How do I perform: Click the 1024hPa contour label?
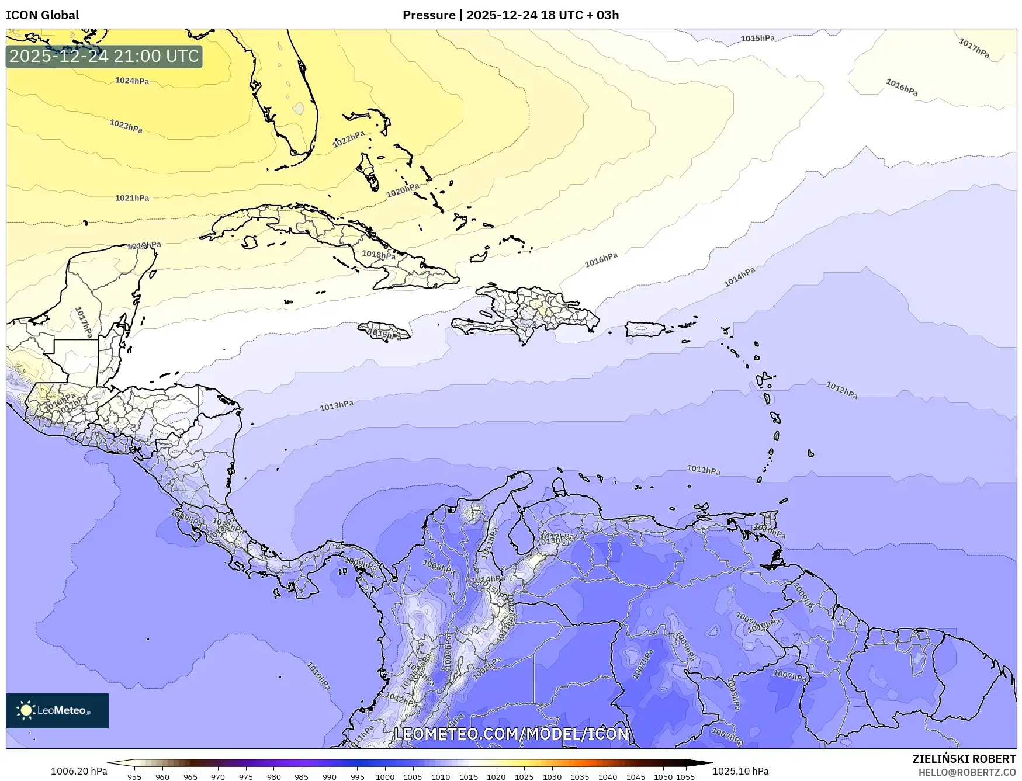[x=132, y=81]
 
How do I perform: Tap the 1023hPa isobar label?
[x=126, y=126]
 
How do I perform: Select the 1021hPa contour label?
[x=132, y=198]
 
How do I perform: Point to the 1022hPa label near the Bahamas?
[x=349, y=139]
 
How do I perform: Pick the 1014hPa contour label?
[x=739, y=277]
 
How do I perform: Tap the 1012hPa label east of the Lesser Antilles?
[x=841, y=390]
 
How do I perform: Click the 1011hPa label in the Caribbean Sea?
[x=703, y=470]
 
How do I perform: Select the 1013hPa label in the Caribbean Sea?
[x=337, y=405]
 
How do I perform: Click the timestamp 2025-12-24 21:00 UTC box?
[x=104, y=56]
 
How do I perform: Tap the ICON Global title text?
[x=42, y=15]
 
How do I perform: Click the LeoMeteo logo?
[x=57, y=710]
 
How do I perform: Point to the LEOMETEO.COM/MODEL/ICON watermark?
[x=511, y=734]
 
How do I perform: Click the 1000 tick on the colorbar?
[x=384, y=777]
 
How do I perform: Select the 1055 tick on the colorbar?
[x=685, y=777]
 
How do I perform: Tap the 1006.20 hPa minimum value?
[x=79, y=771]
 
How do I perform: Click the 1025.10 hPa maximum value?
[x=740, y=771]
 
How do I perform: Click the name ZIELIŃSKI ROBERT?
[x=964, y=759]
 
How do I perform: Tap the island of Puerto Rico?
[x=645, y=329]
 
